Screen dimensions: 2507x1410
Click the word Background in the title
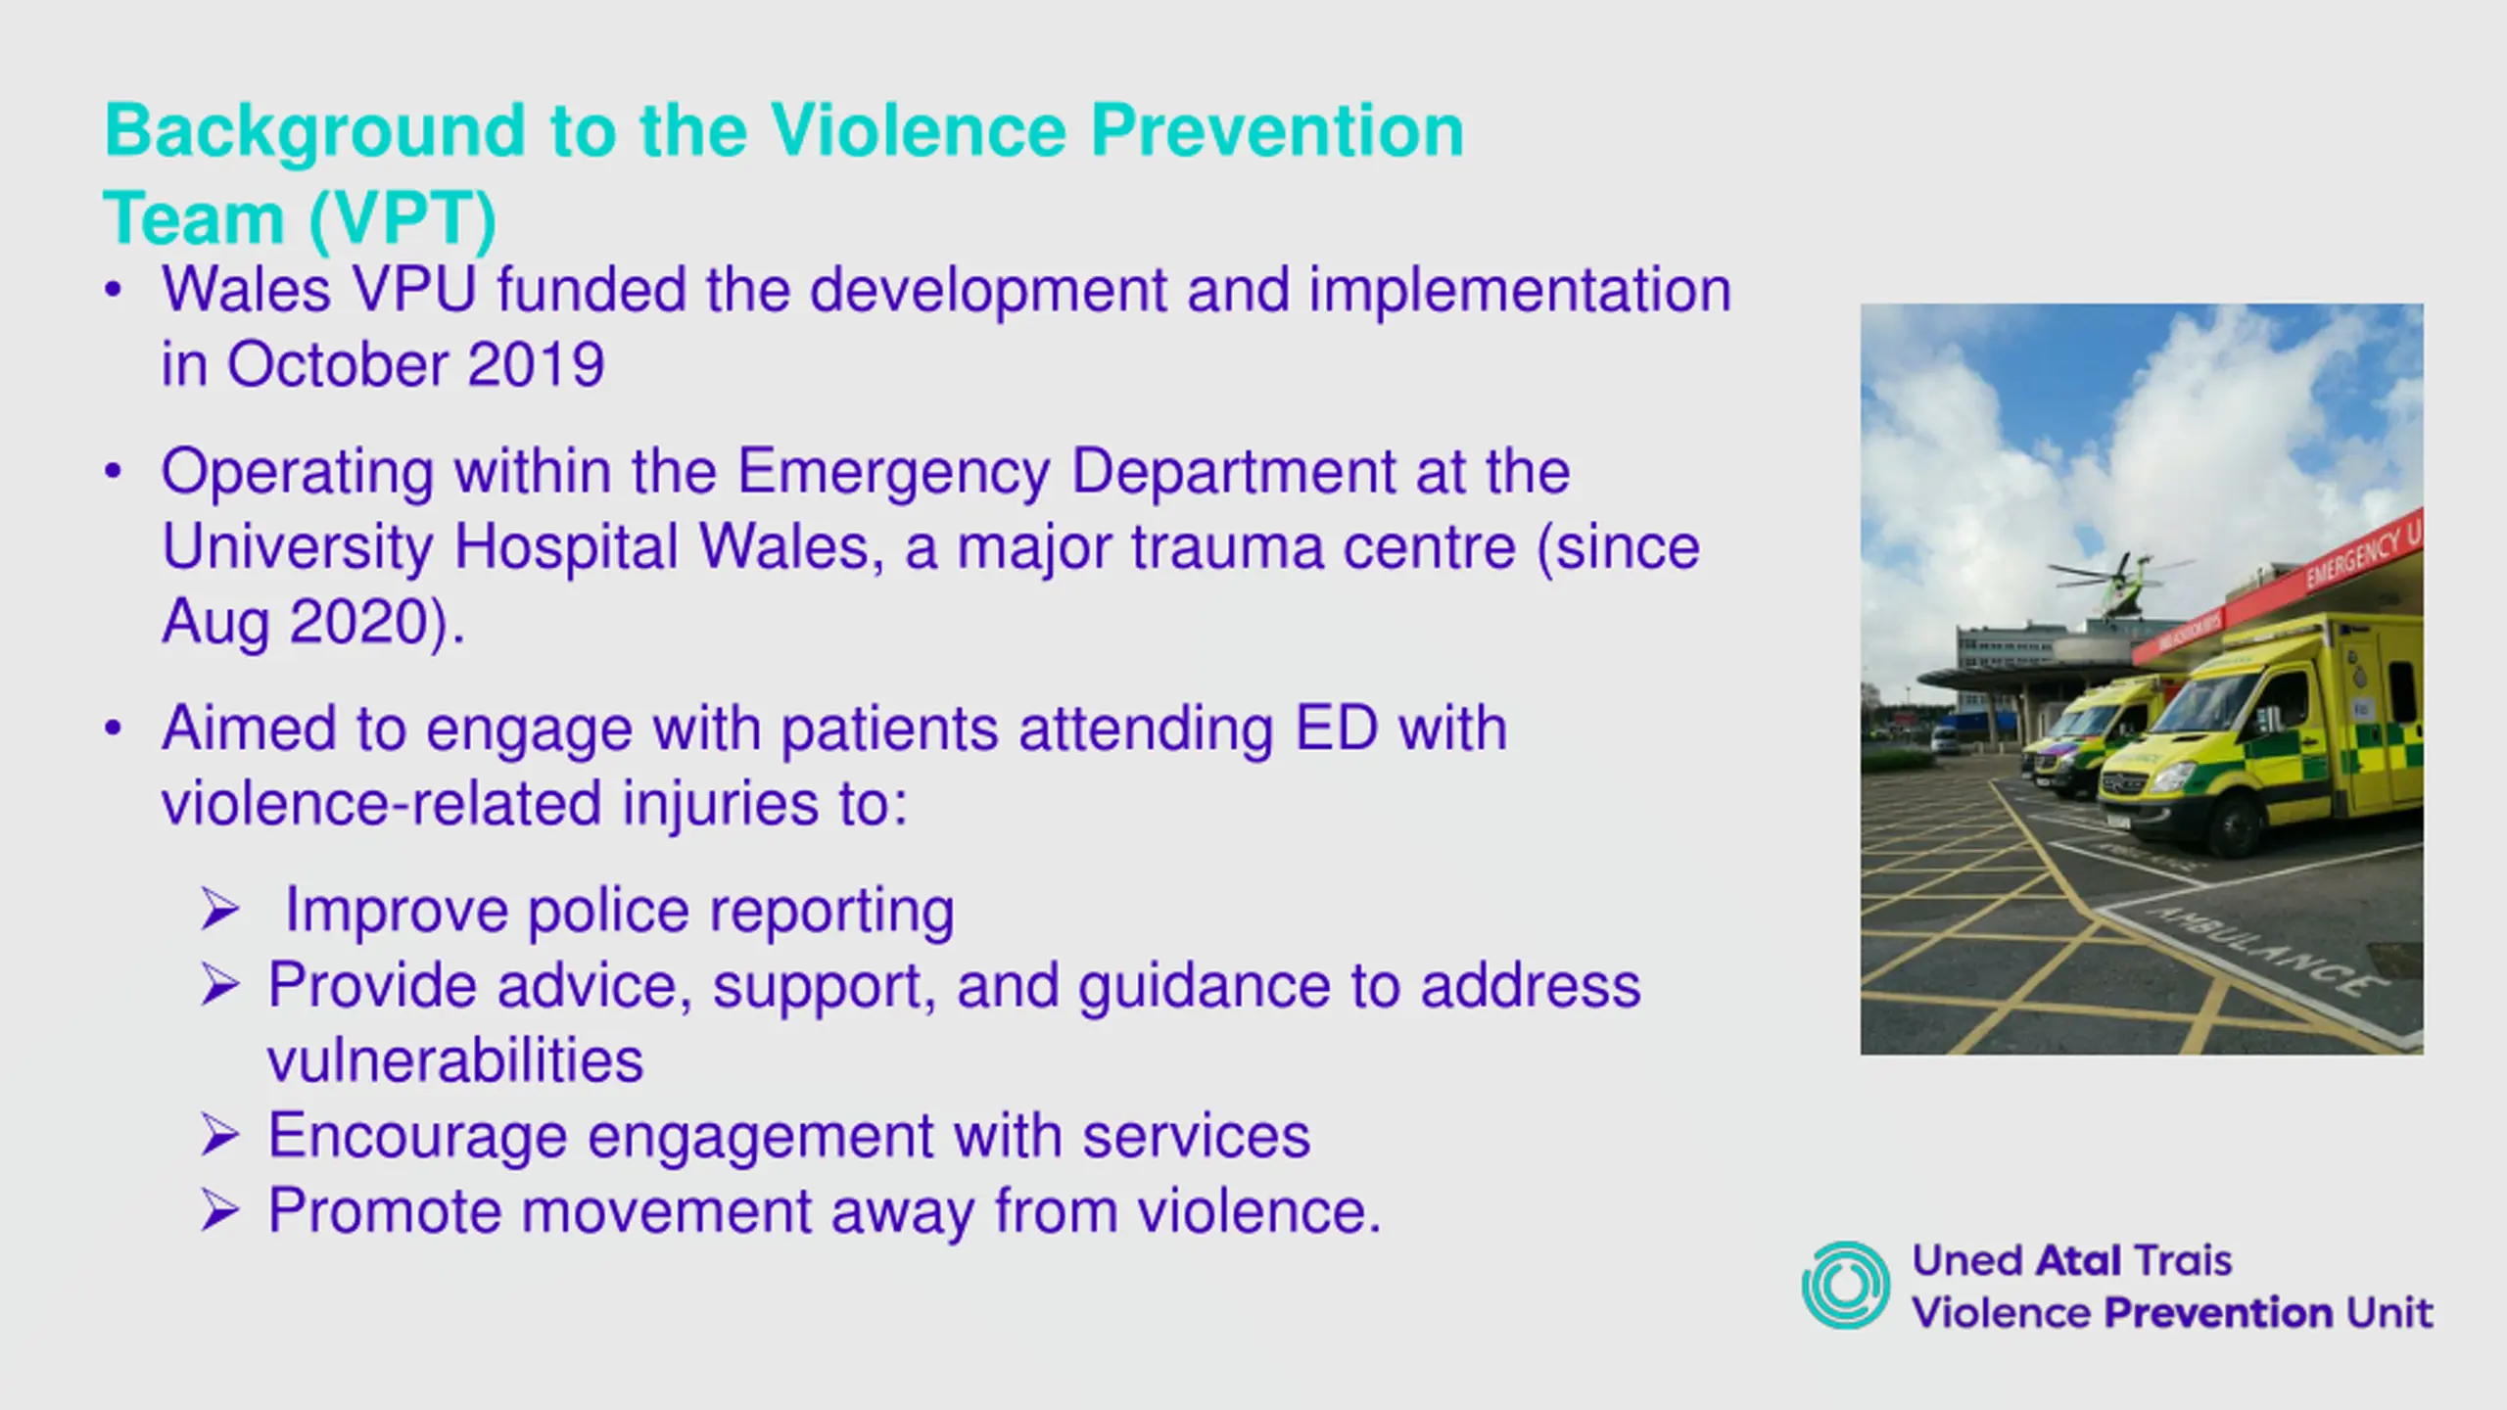coord(315,131)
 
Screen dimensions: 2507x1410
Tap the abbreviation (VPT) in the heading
coord(402,217)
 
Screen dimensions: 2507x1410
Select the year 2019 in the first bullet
coord(536,364)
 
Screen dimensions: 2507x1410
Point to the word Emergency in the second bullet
coord(894,473)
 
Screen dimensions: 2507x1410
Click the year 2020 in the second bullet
coord(359,622)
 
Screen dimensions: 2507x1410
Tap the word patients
coord(889,730)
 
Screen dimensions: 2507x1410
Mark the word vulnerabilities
coord(455,1060)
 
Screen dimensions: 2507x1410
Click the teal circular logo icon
coord(1846,1285)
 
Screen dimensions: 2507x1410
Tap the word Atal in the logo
coord(2079,1261)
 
